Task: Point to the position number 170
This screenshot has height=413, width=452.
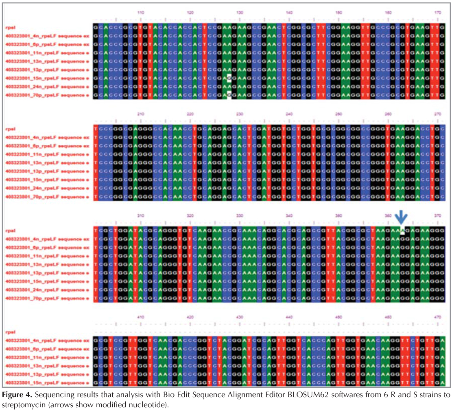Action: [x=438, y=13]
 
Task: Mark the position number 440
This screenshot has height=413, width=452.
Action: [x=289, y=317]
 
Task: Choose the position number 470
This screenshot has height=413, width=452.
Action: [x=438, y=317]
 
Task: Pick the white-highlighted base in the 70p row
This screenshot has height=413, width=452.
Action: [x=229, y=96]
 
